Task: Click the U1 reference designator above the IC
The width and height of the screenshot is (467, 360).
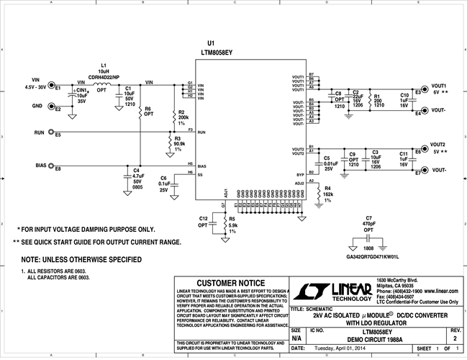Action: point(210,44)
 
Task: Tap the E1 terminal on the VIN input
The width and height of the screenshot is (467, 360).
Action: point(58,88)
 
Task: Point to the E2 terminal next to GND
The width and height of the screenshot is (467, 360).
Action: point(58,109)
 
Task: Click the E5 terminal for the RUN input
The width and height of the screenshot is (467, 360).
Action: point(58,135)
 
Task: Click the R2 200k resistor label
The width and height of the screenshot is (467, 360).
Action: point(182,112)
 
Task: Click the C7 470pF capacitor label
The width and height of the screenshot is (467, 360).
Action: point(368,217)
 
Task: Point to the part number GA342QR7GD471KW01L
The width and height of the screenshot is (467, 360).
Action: point(373,256)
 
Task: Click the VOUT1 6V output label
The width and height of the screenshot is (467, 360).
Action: point(440,86)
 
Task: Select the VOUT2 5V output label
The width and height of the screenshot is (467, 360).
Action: point(439,145)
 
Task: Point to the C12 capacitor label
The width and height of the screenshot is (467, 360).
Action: point(203,217)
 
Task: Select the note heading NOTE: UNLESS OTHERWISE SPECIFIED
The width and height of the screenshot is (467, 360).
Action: point(81,259)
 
